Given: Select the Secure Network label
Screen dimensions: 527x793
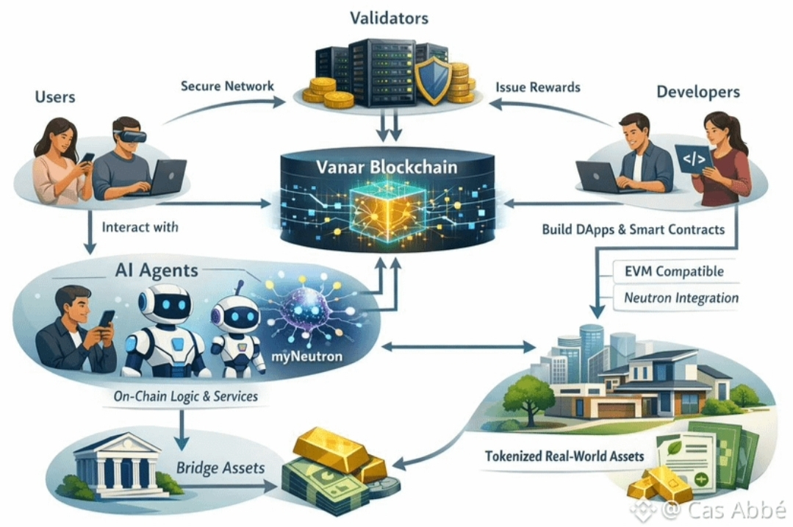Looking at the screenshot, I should pyautogui.click(x=227, y=86).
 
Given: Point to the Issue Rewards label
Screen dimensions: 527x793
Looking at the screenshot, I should pyautogui.click(x=537, y=87).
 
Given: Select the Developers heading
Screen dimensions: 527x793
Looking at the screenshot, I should pyautogui.click(x=697, y=92).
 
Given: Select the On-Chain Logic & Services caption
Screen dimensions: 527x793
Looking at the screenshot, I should pyautogui.click(x=186, y=396).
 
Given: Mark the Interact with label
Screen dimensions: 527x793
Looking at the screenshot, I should pyautogui.click(x=140, y=227).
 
